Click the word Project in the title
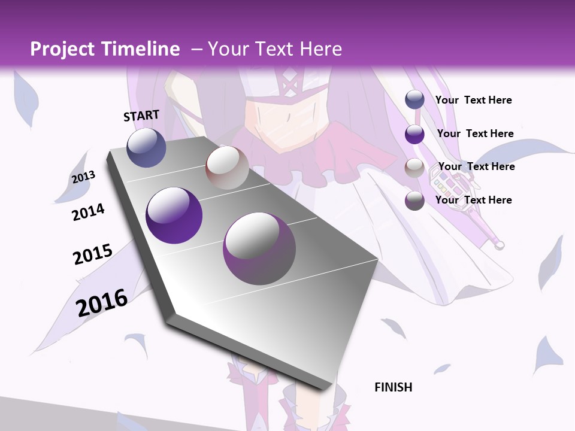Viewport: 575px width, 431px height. click(x=62, y=49)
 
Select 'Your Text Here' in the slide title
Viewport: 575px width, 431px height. click(x=274, y=49)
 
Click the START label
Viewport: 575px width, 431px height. click(x=141, y=116)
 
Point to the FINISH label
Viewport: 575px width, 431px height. click(x=394, y=387)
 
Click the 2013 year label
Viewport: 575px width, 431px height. click(x=83, y=177)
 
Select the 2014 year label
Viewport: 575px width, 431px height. click(x=88, y=213)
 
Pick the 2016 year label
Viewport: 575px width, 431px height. click(x=102, y=302)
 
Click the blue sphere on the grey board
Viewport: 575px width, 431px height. click(x=147, y=147)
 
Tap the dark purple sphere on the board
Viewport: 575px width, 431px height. click(x=174, y=215)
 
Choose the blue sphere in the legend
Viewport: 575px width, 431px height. click(x=414, y=100)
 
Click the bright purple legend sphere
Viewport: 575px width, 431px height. click(x=414, y=134)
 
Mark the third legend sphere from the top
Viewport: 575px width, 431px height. click(x=414, y=168)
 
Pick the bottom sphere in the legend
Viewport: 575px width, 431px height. click(x=414, y=201)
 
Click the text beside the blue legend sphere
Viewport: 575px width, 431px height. click(x=473, y=100)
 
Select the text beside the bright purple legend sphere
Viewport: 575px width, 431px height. click(x=475, y=133)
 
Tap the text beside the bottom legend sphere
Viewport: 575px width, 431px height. click(x=473, y=200)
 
